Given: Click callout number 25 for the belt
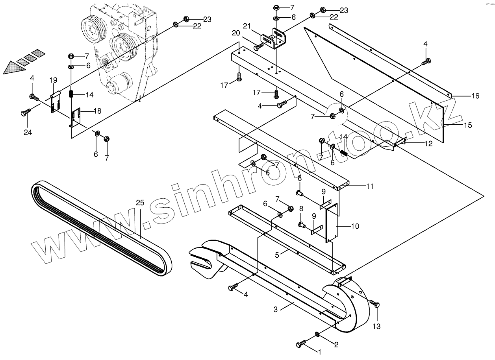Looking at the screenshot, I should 140,203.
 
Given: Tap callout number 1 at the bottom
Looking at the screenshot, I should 320,352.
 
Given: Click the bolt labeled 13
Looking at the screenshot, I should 375,305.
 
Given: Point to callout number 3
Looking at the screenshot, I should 276,309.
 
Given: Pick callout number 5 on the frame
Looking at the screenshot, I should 277,255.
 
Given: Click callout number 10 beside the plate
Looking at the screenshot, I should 355,226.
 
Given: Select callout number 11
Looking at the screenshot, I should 369,186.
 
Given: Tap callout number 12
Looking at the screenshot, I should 428,144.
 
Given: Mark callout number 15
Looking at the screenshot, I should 467,126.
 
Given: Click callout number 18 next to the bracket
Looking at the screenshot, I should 97,111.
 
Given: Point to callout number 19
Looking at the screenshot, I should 54,80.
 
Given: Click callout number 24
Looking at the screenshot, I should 28,133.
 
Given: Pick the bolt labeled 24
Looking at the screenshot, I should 24,113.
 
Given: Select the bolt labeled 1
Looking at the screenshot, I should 301,345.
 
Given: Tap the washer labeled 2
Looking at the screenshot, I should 317,335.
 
